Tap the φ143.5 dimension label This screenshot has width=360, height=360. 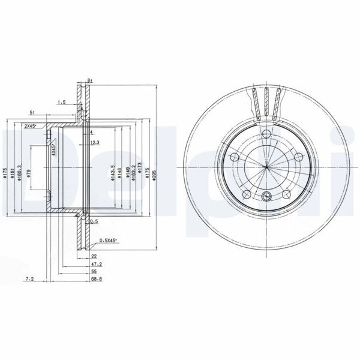pos(113,174)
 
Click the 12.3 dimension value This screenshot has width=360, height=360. pos(94,142)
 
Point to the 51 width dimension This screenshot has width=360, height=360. pos(31,112)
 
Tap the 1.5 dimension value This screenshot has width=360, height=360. pos(62,103)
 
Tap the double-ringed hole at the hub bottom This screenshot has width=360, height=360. pos(265,195)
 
